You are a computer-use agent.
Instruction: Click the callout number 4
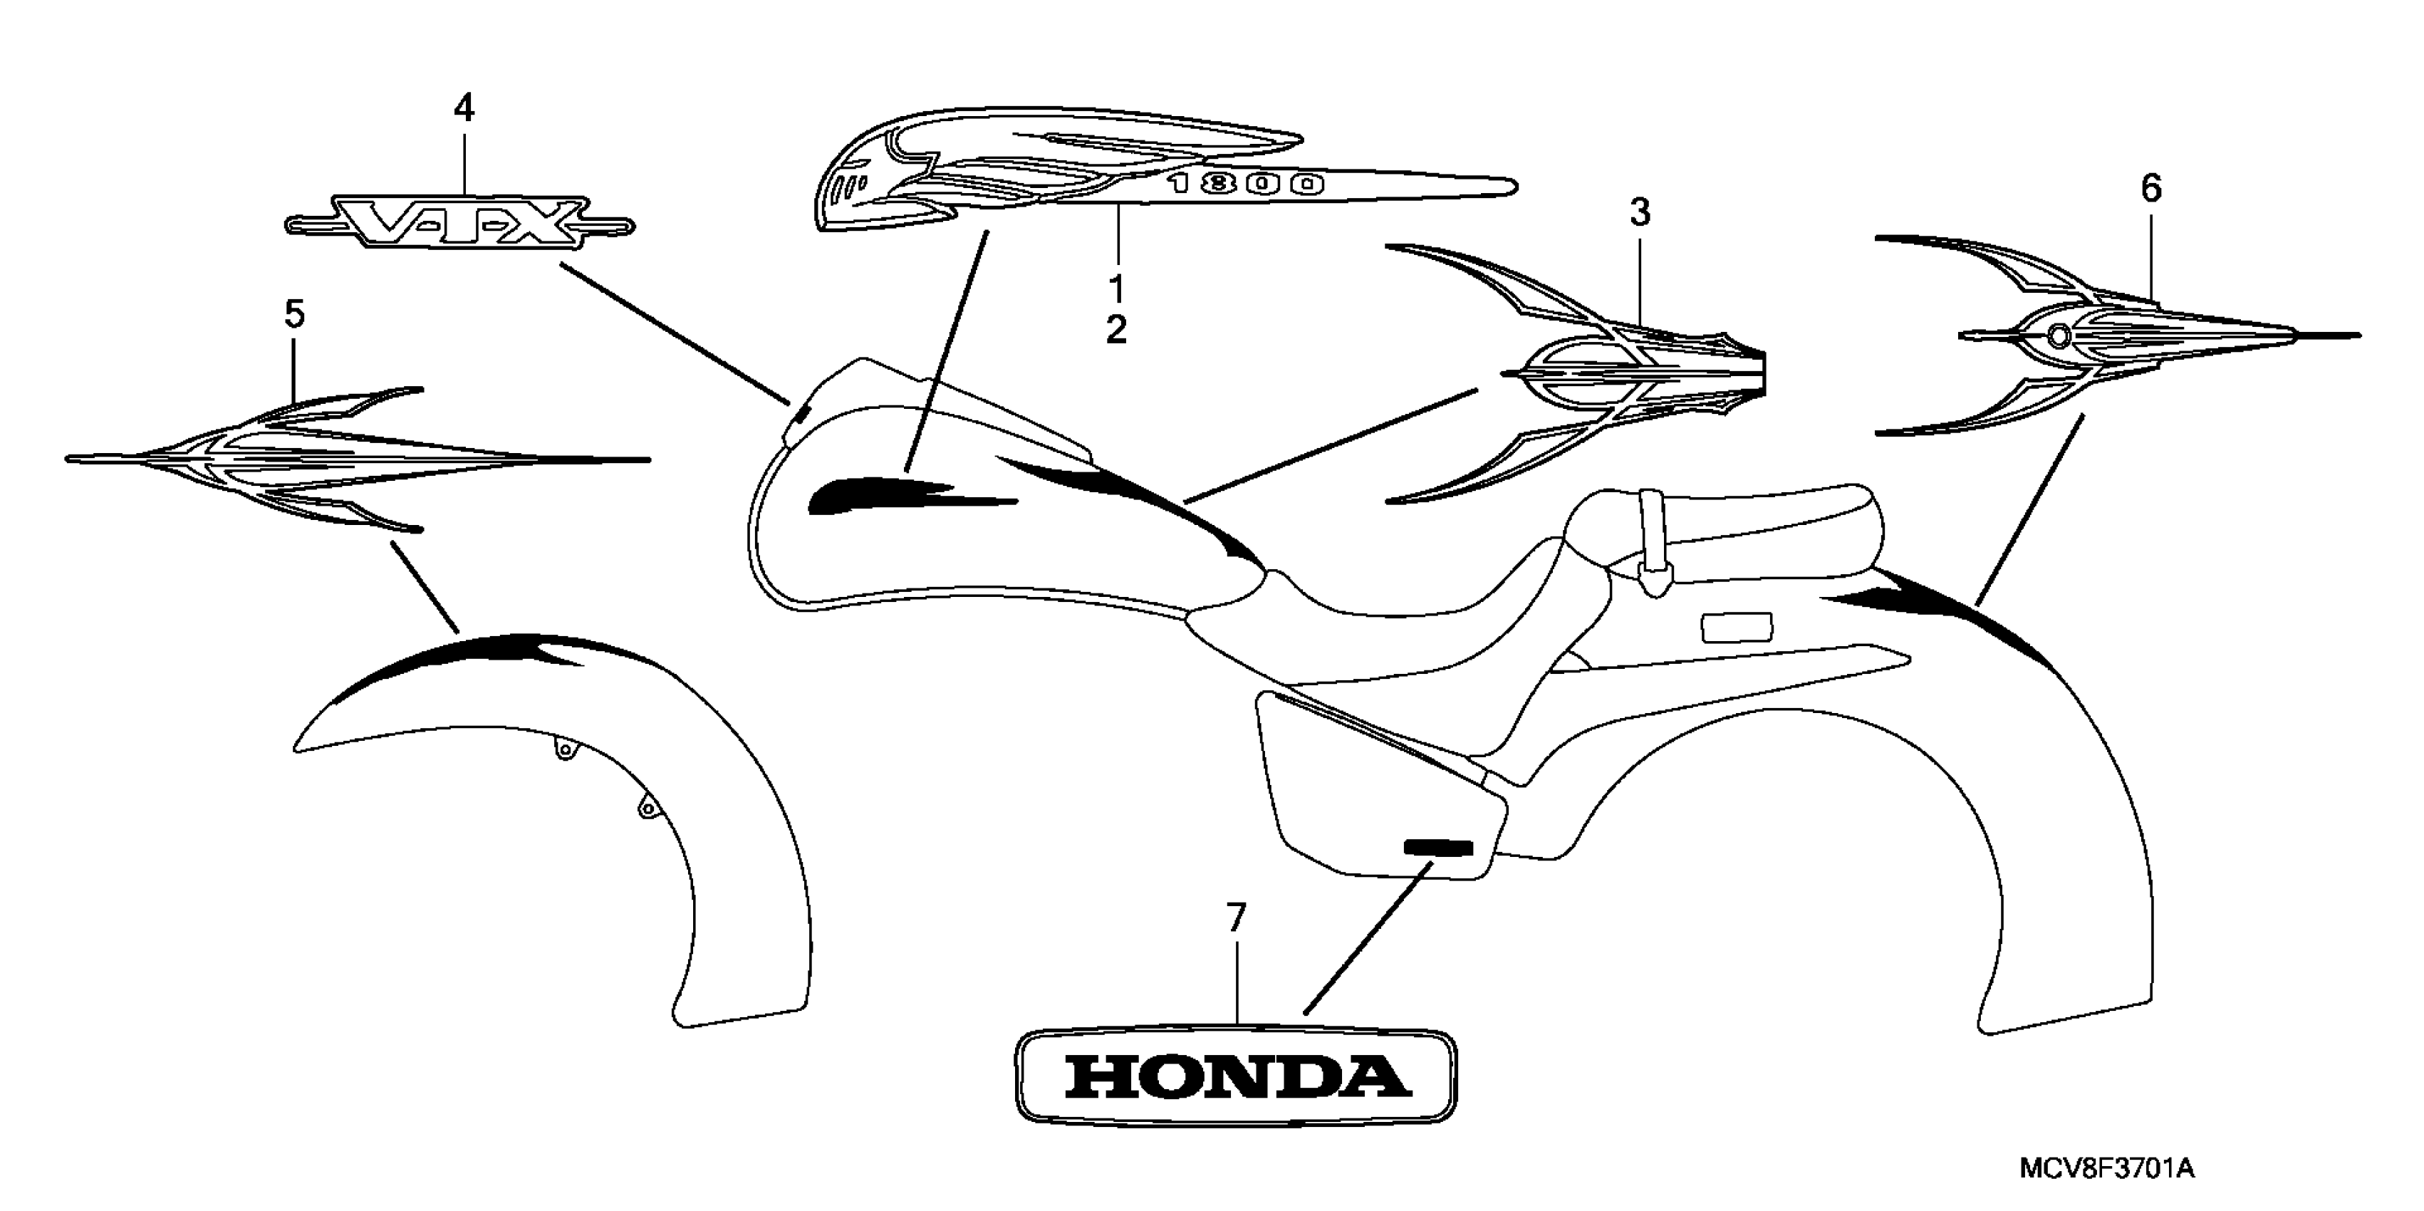464,109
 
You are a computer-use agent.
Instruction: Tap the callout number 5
294,314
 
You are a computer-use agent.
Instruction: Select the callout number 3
1639,214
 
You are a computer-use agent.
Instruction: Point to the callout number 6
2151,189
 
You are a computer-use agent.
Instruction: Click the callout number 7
1236,918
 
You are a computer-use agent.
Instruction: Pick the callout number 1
1116,285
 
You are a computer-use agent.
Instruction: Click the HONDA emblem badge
1236,1076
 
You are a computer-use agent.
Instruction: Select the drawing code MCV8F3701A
2106,1170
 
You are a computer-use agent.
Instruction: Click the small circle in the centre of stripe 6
2058,335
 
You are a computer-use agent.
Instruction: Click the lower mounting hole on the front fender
647,806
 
